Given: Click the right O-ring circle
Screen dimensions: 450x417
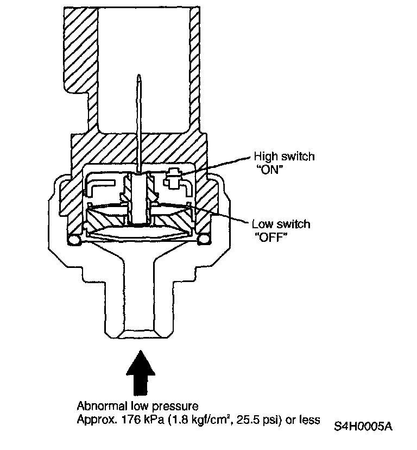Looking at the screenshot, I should pyautogui.click(x=205, y=240).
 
